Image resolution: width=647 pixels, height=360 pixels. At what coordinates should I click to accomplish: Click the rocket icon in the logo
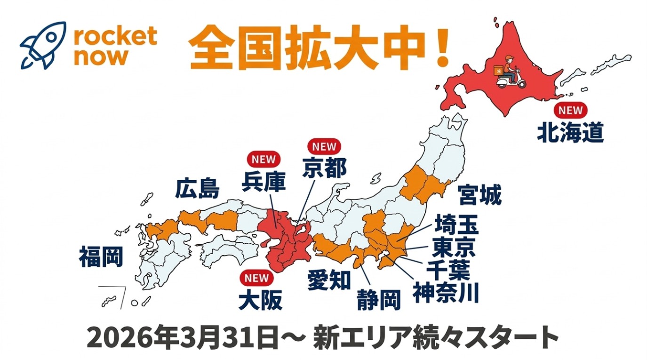(x=43, y=45)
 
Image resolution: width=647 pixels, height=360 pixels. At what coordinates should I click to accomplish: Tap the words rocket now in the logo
(x=115, y=46)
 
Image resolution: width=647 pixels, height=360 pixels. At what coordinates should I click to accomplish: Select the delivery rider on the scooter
(x=507, y=72)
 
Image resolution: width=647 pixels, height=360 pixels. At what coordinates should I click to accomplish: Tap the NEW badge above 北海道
(x=570, y=111)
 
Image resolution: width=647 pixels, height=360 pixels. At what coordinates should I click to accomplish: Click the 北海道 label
(x=570, y=133)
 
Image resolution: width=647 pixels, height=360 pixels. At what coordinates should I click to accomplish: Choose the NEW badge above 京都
(x=324, y=146)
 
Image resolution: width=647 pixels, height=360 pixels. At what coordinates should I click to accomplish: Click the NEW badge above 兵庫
(x=263, y=159)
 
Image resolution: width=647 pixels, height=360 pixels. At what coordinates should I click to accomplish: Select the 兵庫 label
(x=264, y=182)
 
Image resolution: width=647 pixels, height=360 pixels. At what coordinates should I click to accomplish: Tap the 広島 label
(x=197, y=189)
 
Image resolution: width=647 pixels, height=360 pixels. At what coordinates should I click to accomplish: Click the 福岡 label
(x=101, y=257)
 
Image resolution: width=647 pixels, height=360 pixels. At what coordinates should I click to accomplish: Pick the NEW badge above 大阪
(x=256, y=278)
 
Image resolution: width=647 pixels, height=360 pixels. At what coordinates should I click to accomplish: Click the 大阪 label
(x=260, y=300)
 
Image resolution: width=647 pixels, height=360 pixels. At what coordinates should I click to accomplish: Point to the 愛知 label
(x=329, y=280)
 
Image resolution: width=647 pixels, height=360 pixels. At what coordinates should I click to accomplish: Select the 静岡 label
(x=378, y=300)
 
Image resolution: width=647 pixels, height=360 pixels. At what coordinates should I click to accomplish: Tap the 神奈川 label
(x=446, y=292)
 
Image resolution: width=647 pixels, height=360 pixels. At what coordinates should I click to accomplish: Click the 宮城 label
(x=479, y=195)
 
